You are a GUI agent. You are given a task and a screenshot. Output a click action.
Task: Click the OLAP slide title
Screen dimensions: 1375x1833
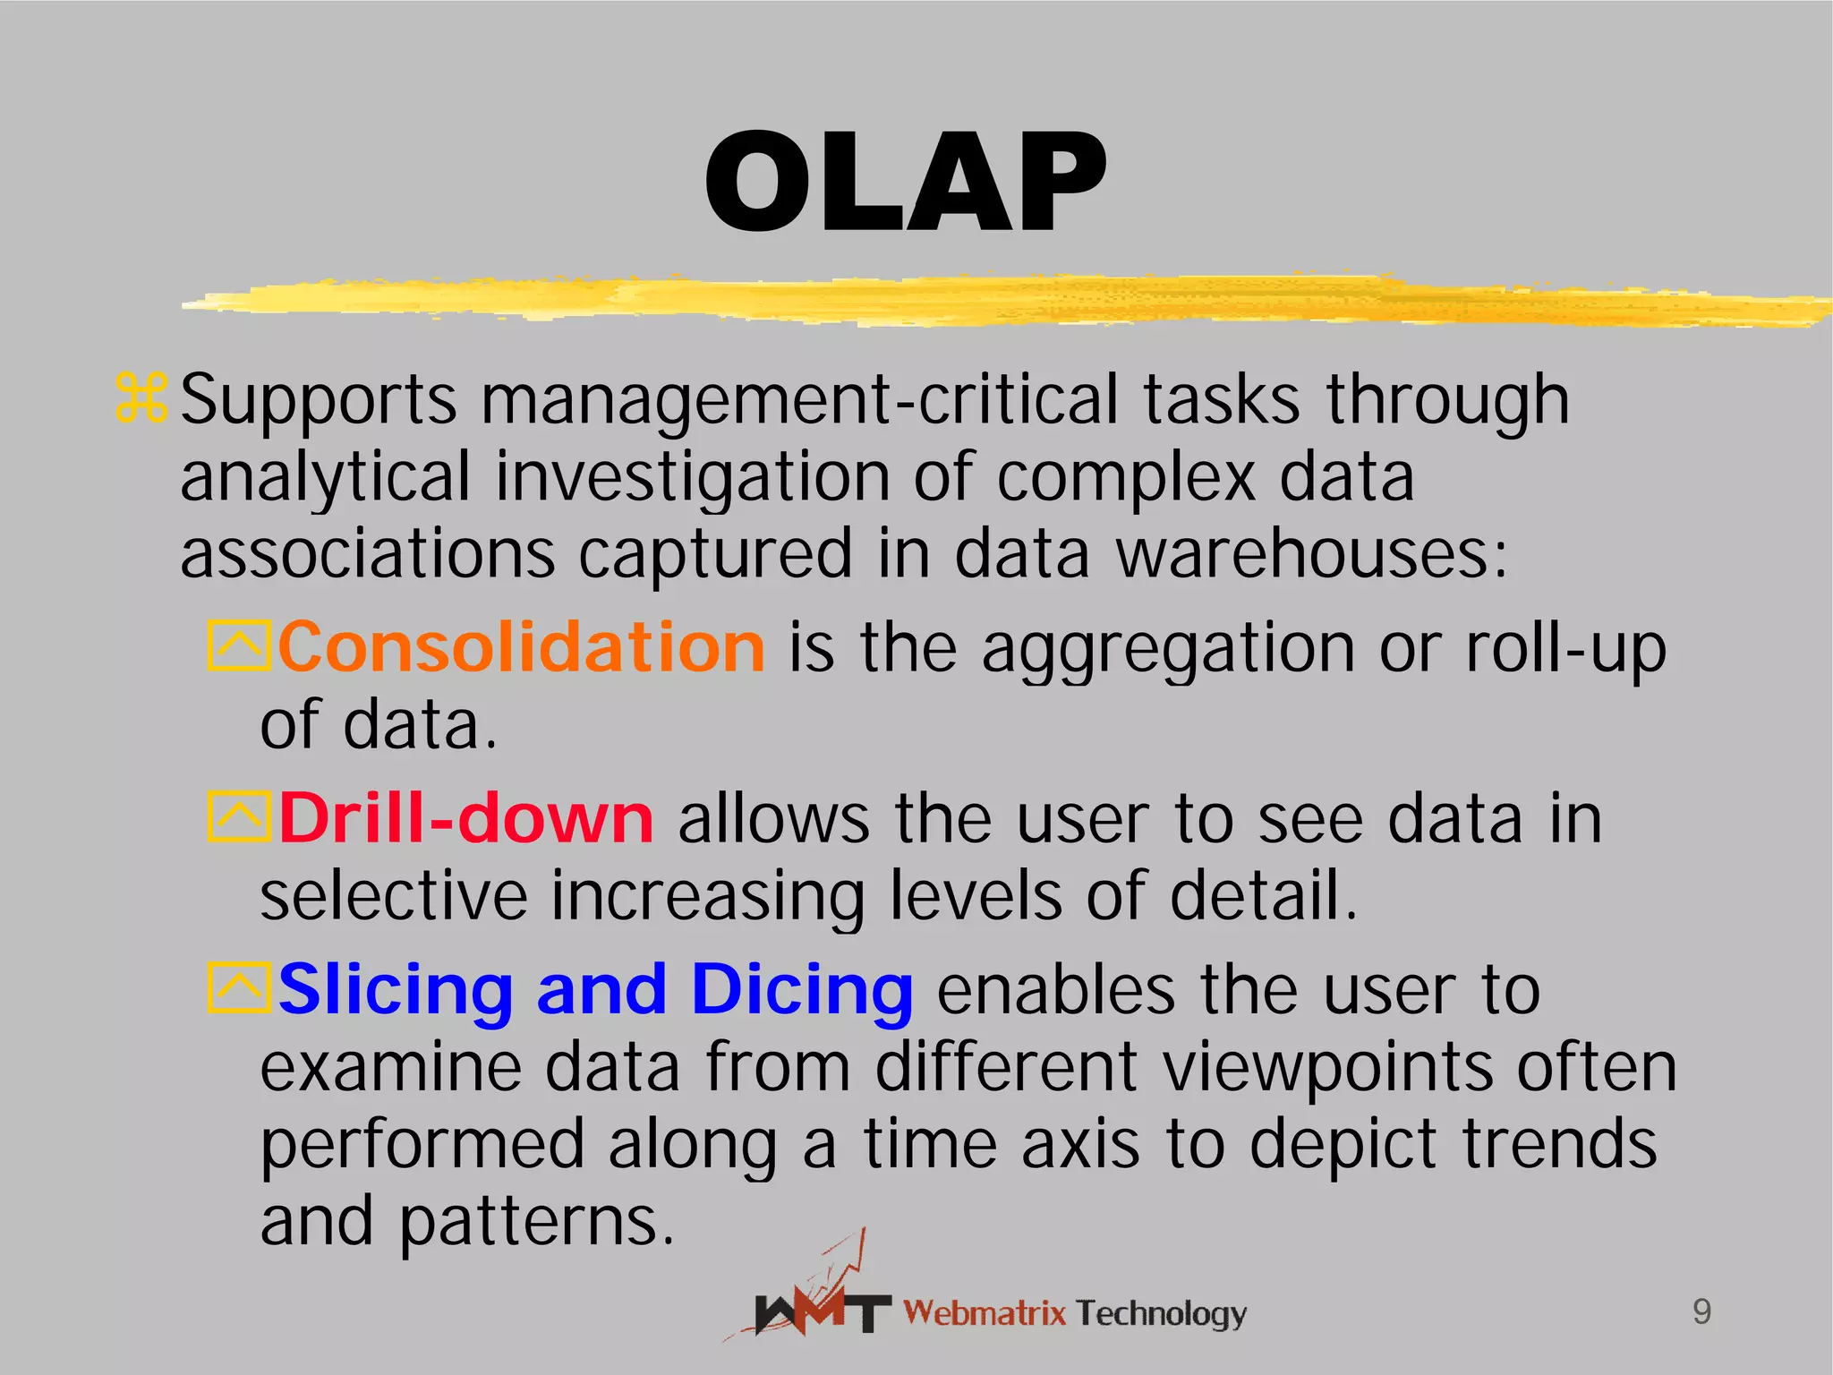[x=906, y=184]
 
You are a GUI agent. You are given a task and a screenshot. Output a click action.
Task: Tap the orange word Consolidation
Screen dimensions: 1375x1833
[x=521, y=647]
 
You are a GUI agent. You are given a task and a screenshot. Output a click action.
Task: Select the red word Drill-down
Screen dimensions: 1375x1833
[x=465, y=818]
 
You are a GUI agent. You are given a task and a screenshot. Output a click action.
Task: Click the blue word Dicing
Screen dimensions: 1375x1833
[x=802, y=991]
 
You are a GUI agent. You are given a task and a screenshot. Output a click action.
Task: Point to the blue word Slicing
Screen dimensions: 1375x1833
[x=395, y=991]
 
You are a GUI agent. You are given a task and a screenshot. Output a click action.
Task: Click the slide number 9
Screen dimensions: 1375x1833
[x=1701, y=1311]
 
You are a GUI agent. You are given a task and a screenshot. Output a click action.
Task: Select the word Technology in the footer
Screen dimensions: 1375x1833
[x=1161, y=1313]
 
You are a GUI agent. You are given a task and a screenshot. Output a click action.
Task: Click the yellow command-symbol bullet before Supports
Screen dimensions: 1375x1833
[x=141, y=398]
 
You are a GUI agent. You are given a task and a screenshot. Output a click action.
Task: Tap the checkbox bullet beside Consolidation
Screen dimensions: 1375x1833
[x=238, y=645]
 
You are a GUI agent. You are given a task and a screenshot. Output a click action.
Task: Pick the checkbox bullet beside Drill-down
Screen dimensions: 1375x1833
[x=238, y=816]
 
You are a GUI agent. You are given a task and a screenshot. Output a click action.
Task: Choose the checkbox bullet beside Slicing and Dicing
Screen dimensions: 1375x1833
[x=238, y=988]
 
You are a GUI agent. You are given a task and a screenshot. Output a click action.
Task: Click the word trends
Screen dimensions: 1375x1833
[x=1559, y=1145]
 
